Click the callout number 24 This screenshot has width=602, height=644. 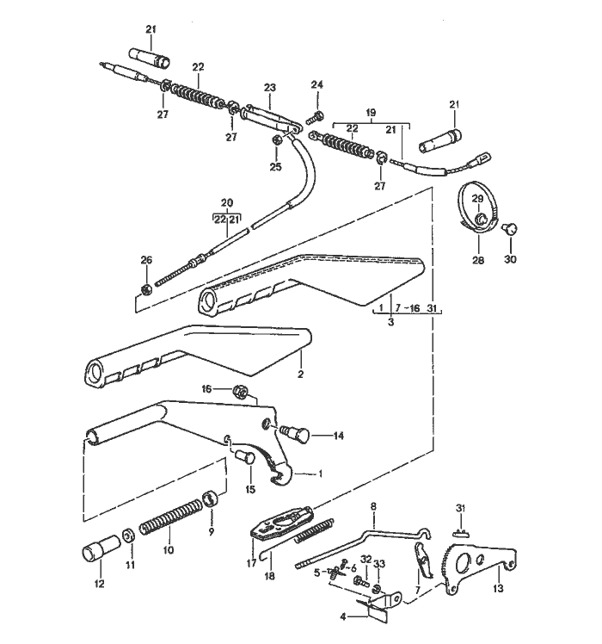point(317,84)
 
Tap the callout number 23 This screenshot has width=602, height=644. point(270,88)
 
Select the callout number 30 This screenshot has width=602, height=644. point(512,261)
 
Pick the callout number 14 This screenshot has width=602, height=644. point(338,437)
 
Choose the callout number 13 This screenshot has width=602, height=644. point(500,590)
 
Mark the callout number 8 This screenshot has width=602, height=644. point(372,507)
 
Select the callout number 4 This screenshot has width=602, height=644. point(343,616)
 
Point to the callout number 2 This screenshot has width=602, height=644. point(300,375)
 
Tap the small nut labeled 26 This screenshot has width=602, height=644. point(146,287)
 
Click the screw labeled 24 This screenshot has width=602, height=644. point(317,115)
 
